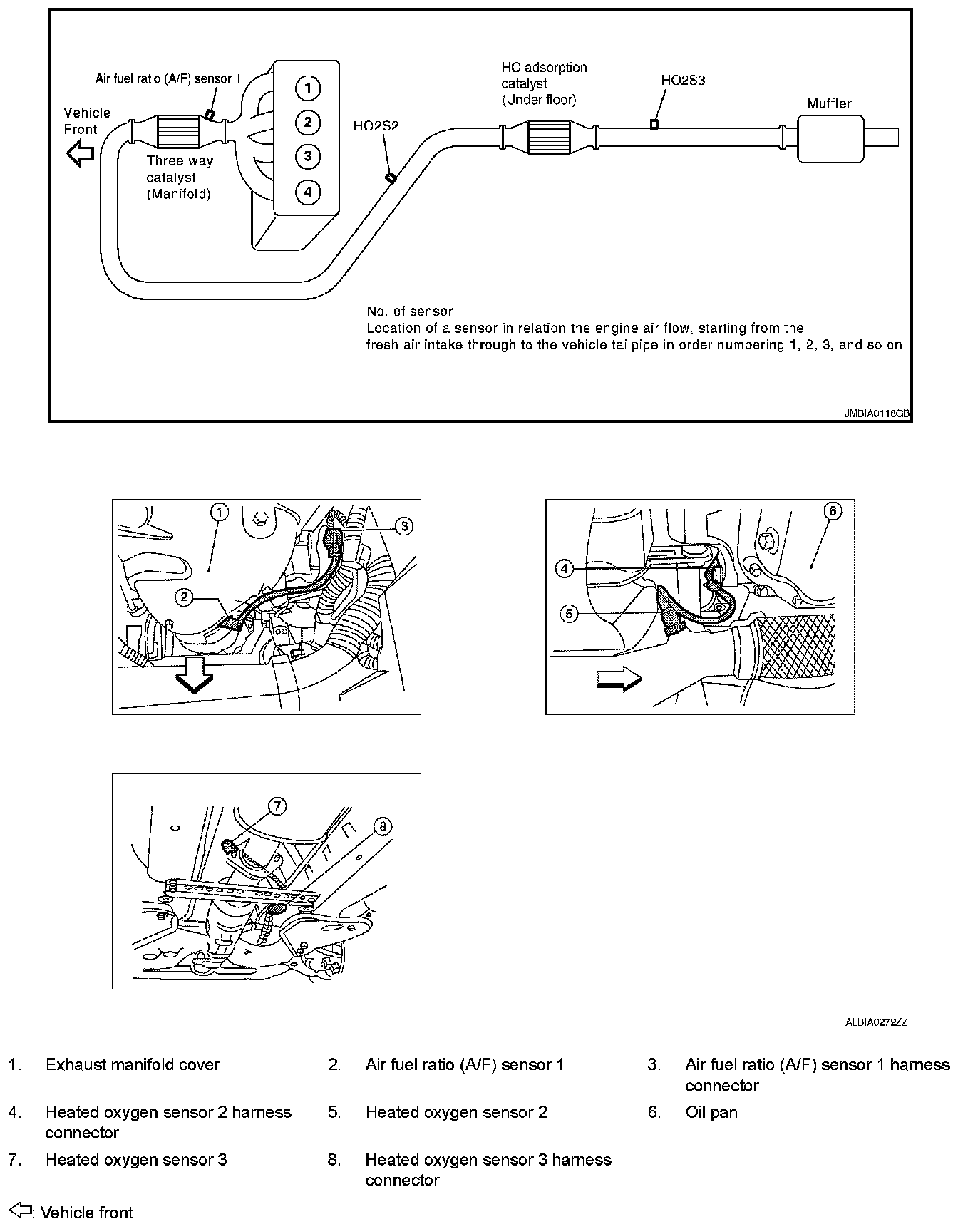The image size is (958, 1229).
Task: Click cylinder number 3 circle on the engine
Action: [x=307, y=155]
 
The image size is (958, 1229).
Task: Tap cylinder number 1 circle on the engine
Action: [x=307, y=88]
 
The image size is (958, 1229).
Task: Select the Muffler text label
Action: [x=829, y=103]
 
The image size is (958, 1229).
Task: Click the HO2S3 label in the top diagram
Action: [x=683, y=81]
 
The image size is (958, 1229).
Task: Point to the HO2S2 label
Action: [x=376, y=126]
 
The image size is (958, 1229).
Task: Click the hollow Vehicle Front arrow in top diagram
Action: [x=80, y=153]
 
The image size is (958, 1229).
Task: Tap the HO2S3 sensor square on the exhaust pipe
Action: [x=654, y=124]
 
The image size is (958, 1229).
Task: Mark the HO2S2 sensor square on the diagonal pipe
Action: [x=390, y=178]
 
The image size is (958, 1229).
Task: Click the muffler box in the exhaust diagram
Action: [x=830, y=138]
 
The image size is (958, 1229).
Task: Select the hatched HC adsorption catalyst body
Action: [x=549, y=136]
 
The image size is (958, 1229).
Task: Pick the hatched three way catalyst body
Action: [x=177, y=133]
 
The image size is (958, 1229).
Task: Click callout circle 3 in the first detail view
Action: [x=403, y=526]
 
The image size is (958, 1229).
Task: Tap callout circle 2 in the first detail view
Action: [x=185, y=597]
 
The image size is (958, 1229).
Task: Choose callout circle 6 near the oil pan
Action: [x=832, y=510]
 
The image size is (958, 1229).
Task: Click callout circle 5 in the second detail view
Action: [x=569, y=612]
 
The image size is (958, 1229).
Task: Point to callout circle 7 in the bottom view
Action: [x=277, y=806]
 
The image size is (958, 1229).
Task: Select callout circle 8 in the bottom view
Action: [x=383, y=826]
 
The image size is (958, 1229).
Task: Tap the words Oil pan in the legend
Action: [x=711, y=1112]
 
